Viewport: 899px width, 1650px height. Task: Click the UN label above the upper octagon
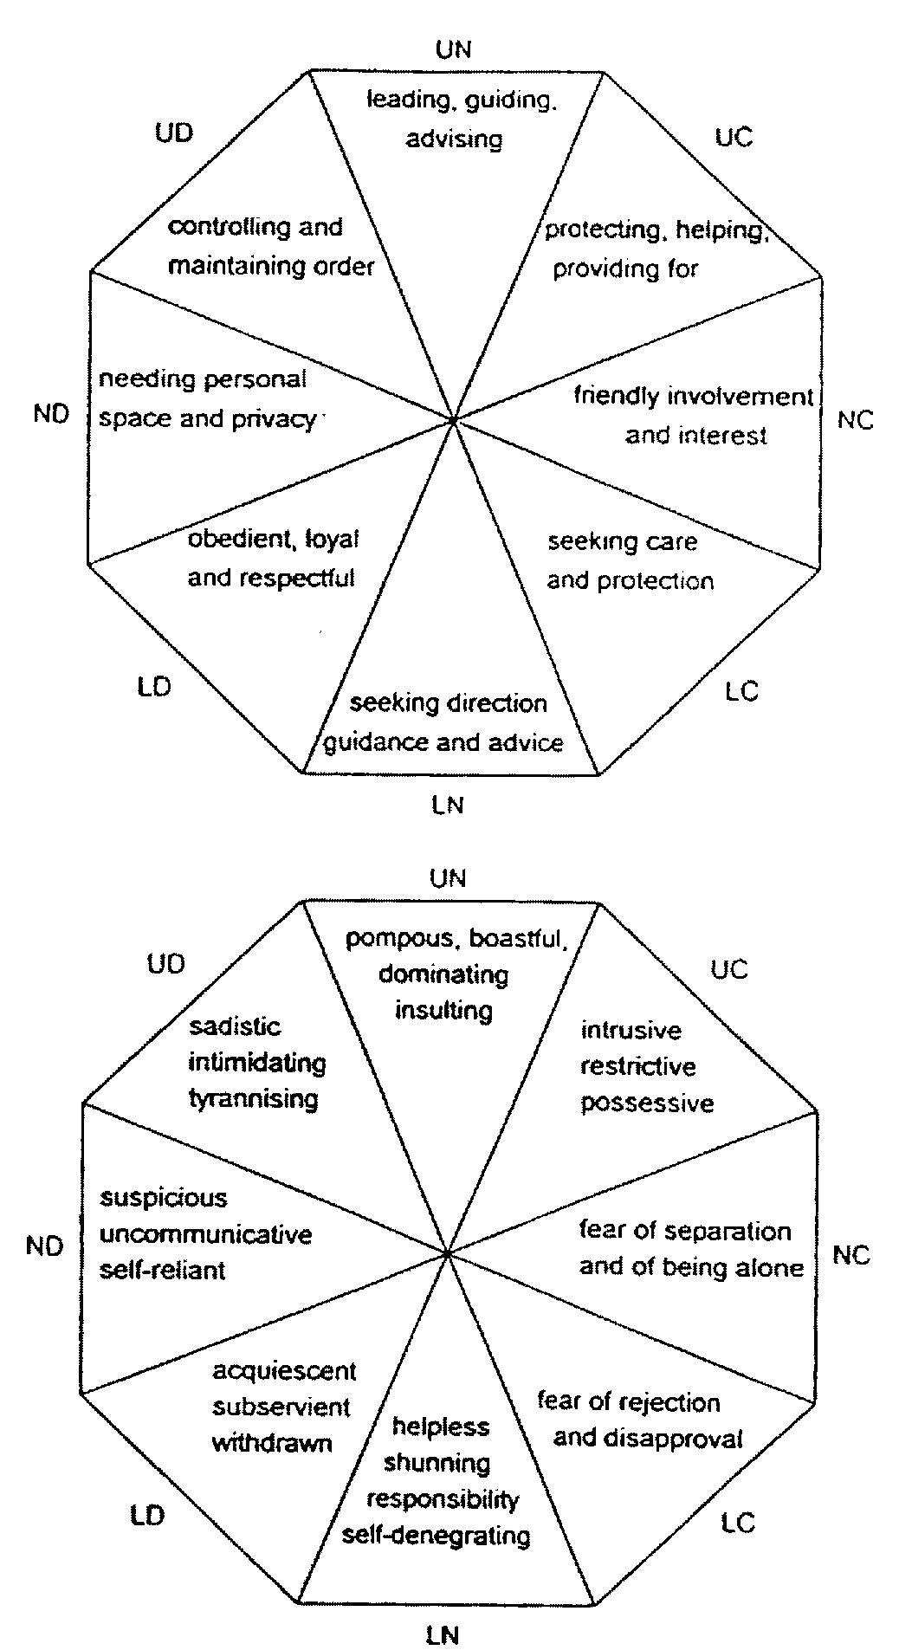tap(454, 49)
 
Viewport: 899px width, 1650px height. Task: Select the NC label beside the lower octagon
tap(850, 1255)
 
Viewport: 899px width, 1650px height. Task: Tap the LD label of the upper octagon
tap(154, 687)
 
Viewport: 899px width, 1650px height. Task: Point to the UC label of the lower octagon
tap(728, 969)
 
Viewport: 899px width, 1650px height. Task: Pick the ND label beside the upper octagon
tap(51, 414)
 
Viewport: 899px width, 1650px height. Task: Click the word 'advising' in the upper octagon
tap(454, 139)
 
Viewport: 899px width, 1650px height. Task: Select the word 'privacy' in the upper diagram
tap(275, 419)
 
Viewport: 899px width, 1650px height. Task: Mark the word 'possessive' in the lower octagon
tap(647, 1103)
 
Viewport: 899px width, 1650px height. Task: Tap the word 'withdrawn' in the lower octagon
tap(272, 1444)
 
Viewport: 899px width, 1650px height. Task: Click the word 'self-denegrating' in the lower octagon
tap(437, 1536)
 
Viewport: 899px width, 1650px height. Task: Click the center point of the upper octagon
tap(453, 420)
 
